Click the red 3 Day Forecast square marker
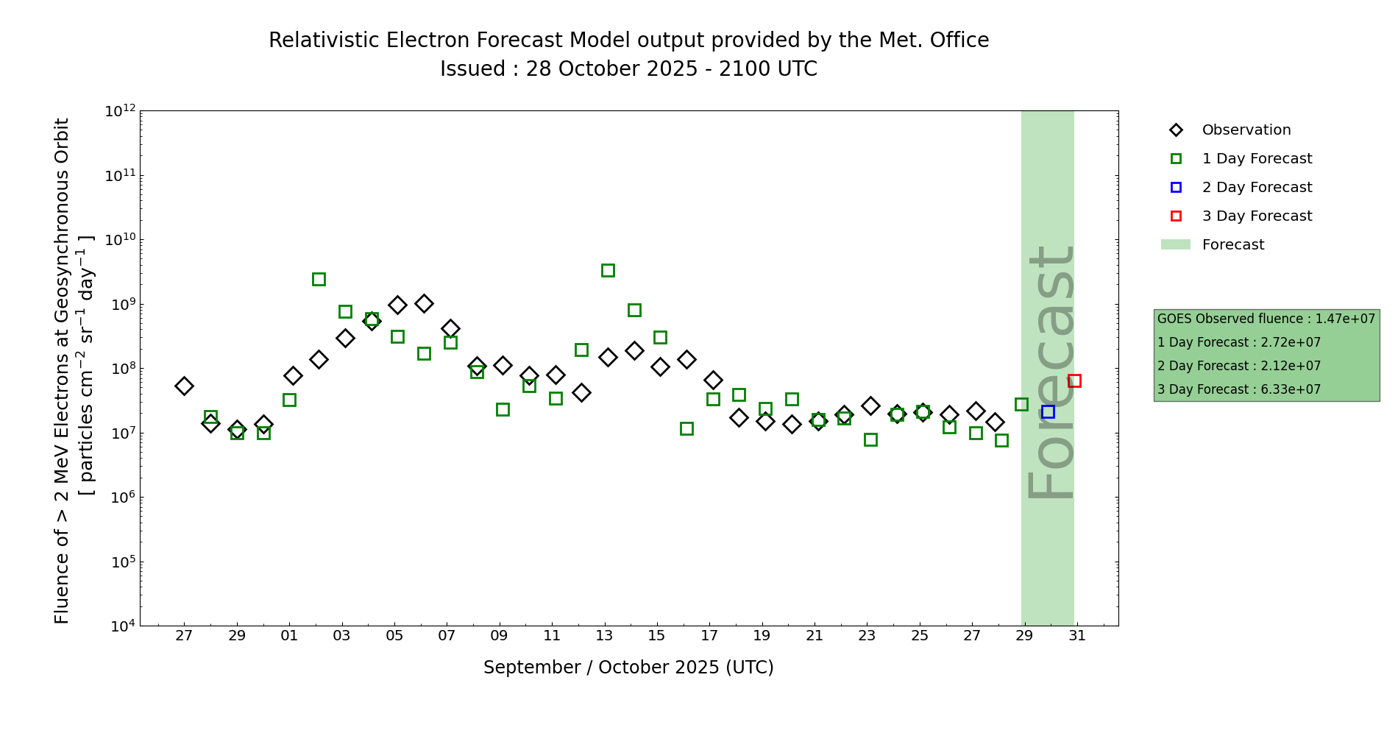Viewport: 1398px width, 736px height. (1074, 381)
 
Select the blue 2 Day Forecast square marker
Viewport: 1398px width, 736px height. (1048, 411)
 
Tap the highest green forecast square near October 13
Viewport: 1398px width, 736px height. (608, 270)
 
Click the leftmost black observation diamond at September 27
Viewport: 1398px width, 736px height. (184, 386)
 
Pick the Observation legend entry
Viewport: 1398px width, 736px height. (1246, 130)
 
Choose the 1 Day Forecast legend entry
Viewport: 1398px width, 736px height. (1257, 159)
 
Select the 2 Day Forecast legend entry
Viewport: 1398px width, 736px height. (1257, 188)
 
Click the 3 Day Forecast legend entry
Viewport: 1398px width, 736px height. (1257, 216)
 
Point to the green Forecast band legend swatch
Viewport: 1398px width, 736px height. (1175, 244)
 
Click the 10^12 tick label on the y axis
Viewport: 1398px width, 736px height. (120, 111)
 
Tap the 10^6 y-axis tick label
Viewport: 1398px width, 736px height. (120, 498)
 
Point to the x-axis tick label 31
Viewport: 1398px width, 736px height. (1077, 636)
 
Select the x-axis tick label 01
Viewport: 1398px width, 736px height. (289, 636)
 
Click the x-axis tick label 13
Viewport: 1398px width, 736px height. (604, 636)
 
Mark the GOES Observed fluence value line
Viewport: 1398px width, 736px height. (1266, 319)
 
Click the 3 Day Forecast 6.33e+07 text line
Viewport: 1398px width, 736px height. (1239, 389)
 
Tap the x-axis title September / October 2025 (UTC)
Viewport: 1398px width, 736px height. (628, 668)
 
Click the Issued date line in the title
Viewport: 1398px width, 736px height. (628, 69)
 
